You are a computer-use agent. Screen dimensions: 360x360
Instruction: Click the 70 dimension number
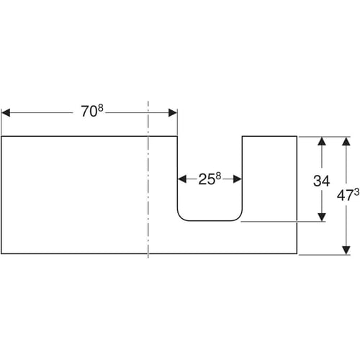click(89, 112)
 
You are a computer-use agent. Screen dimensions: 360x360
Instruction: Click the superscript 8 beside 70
click(100, 108)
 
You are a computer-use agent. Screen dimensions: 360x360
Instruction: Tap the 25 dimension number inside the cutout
click(207, 179)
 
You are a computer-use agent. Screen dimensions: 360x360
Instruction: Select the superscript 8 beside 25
click(218, 176)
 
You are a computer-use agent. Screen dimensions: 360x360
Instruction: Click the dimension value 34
click(322, 181)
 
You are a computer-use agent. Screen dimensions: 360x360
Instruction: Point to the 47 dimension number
click(345, 196)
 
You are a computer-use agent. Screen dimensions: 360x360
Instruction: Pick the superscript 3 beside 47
click(356, 192)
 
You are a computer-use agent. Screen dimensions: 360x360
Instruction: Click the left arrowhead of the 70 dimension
click(6, 112)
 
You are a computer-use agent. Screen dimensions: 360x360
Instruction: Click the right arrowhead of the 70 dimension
click(173, 112)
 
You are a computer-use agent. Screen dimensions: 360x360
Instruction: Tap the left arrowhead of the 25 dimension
click(182, 179)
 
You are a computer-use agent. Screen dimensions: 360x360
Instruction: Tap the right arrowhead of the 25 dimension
click(238, 179)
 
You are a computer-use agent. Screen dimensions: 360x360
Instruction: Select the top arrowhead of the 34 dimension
click(322, 141)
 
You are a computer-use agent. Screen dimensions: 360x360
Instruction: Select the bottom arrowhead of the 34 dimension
click(322, 217)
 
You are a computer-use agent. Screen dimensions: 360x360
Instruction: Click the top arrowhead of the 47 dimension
click(346, 141)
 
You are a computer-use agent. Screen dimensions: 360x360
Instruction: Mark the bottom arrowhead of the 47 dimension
click(346, 251)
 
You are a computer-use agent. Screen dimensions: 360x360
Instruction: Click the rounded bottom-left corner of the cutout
click(181, 217)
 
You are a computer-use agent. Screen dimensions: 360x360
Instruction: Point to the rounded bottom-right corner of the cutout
click(239, 217)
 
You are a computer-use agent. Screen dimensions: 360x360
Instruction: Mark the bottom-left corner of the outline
click(1, 253)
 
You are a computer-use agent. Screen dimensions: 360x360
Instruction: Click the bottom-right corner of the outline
click(297, 253)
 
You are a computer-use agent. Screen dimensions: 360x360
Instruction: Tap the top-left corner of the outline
click(1, 136)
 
